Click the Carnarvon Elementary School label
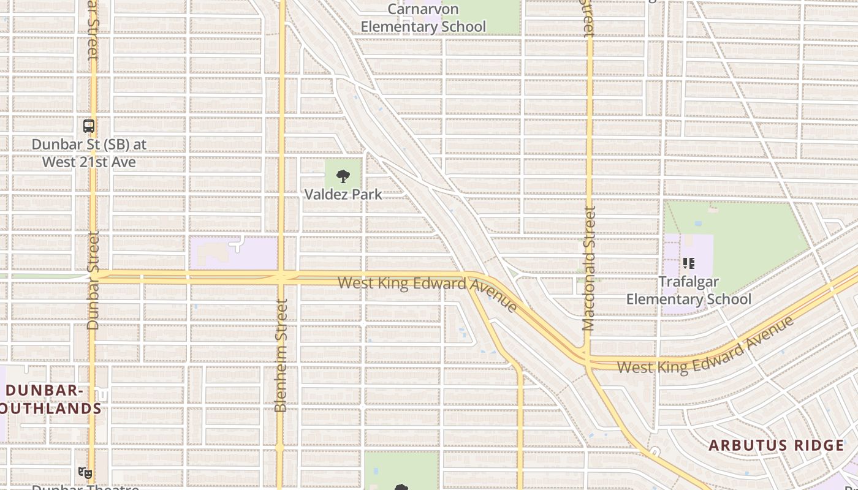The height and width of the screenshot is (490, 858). [423, 18]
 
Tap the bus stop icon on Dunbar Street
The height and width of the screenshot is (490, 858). [89, 126]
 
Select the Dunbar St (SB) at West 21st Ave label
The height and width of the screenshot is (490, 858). [89, 153]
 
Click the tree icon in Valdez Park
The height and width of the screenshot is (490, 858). [343, 176]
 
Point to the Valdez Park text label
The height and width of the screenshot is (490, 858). [343, 194]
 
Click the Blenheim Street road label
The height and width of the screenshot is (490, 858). [281, 355]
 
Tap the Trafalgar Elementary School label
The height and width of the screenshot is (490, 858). [688, 290]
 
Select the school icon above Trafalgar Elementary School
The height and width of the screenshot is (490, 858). [688, 263]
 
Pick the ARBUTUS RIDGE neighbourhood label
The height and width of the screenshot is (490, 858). [776, 445]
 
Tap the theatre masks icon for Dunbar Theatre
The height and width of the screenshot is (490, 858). [85, 472]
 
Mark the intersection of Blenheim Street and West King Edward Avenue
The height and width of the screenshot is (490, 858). [281, 277]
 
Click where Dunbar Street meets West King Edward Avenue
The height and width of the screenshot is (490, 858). [93, 276]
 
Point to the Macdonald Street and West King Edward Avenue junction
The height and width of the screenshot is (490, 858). [587, 359]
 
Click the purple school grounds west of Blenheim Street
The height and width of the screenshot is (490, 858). [233, 253]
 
